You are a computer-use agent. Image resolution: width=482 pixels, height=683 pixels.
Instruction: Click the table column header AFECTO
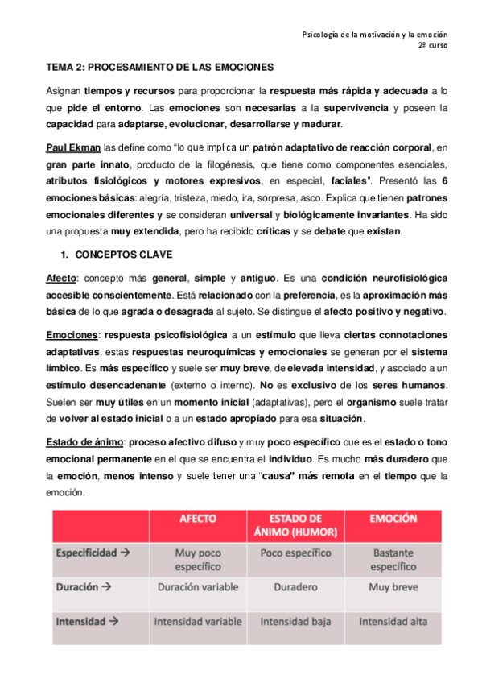(x=197, y=520)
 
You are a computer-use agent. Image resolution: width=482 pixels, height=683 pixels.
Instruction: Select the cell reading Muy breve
(x=393, y=588)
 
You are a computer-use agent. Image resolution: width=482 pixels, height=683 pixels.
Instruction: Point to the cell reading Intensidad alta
(x=393, y=621)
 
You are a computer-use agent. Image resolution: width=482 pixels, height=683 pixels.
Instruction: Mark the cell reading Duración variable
(x=197, y=588)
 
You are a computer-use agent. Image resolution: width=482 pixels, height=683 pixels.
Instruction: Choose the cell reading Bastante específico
(x=393, y=560)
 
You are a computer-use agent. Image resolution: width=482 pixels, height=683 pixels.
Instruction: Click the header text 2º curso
(x=432, y=46)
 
